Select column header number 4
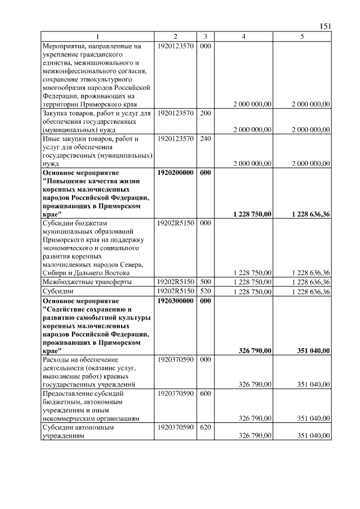tap(243, 36)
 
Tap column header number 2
tap(175, 36)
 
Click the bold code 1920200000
tap(176, 173)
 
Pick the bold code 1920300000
tap(176, 301)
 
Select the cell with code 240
tap(205, 138)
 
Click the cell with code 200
tap(205, 113)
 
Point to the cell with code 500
tap(205, 281)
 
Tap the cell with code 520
tap(205, 291)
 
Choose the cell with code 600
tap(205, 394)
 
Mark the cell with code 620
tap(205, 427)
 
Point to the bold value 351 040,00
tap(313, 350)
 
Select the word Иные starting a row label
tap(52, 138)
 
